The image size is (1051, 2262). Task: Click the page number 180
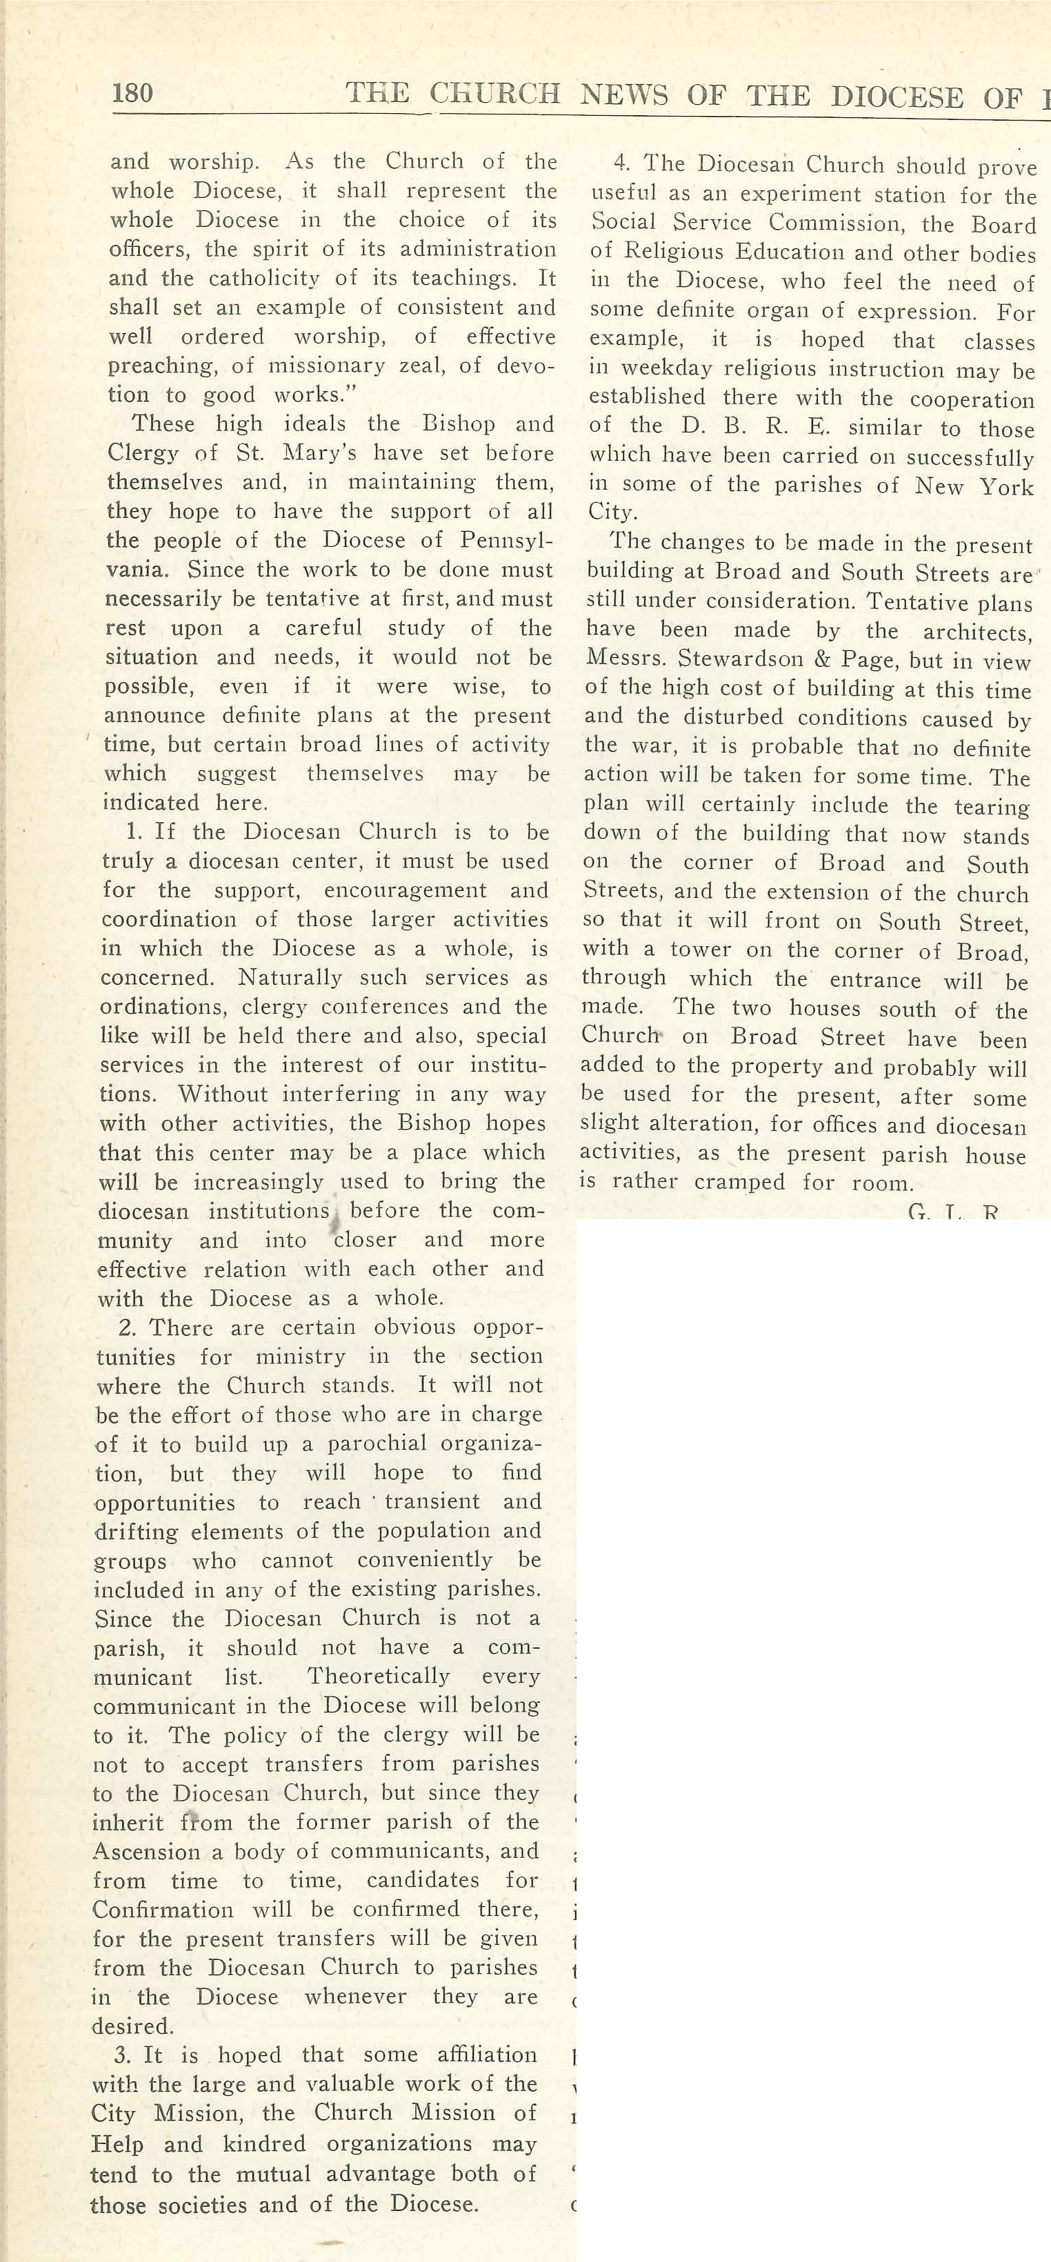click(132, 92)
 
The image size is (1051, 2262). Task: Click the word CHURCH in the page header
click(494, 94)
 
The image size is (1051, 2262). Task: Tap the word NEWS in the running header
click(623, 95)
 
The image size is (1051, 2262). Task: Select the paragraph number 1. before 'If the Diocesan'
click(134, 832)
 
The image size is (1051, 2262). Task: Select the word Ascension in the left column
click(135, 1852)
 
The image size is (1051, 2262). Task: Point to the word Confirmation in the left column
click(163, 1910)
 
